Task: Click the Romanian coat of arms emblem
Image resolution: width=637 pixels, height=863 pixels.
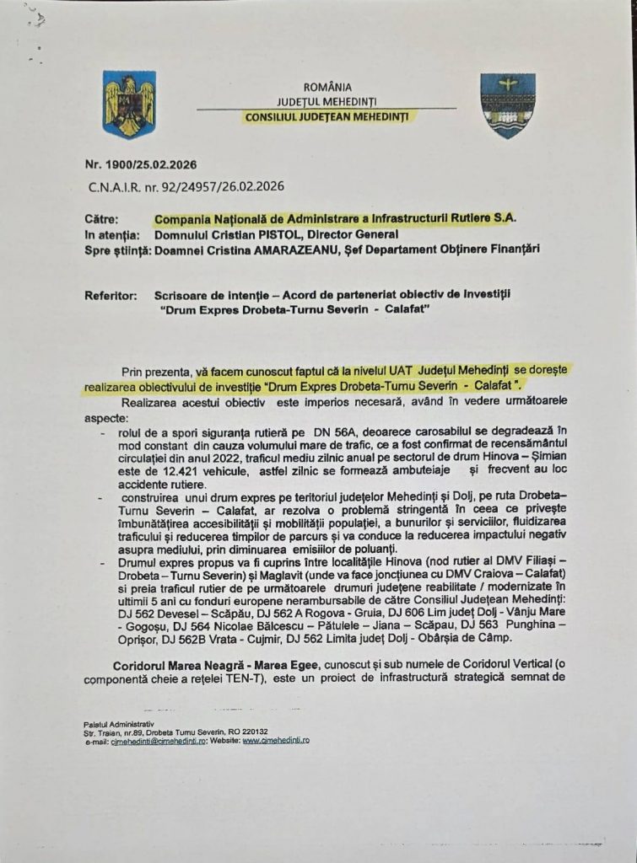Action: click(x=129, y=105)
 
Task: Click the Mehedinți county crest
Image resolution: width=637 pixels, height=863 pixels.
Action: click(x=507, y=105)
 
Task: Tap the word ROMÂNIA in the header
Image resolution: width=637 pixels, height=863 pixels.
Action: click(x=327, y=87)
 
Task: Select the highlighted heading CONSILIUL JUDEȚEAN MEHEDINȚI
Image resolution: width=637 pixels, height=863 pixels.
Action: click(x=326, y=116)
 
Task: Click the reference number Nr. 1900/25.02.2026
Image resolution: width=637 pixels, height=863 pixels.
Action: click(x=141, y=164)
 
